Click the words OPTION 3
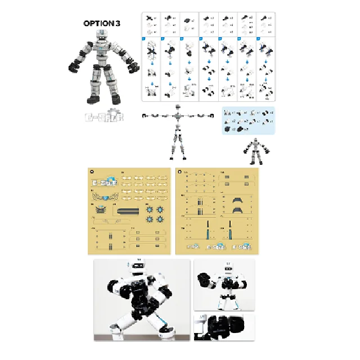point(102,23)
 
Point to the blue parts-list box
point(248,120)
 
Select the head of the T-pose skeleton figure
point(178,107)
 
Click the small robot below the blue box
point(256,151)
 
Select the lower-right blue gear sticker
point(161,218)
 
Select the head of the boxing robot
point(228,271)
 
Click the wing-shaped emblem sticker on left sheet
point(101,197)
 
